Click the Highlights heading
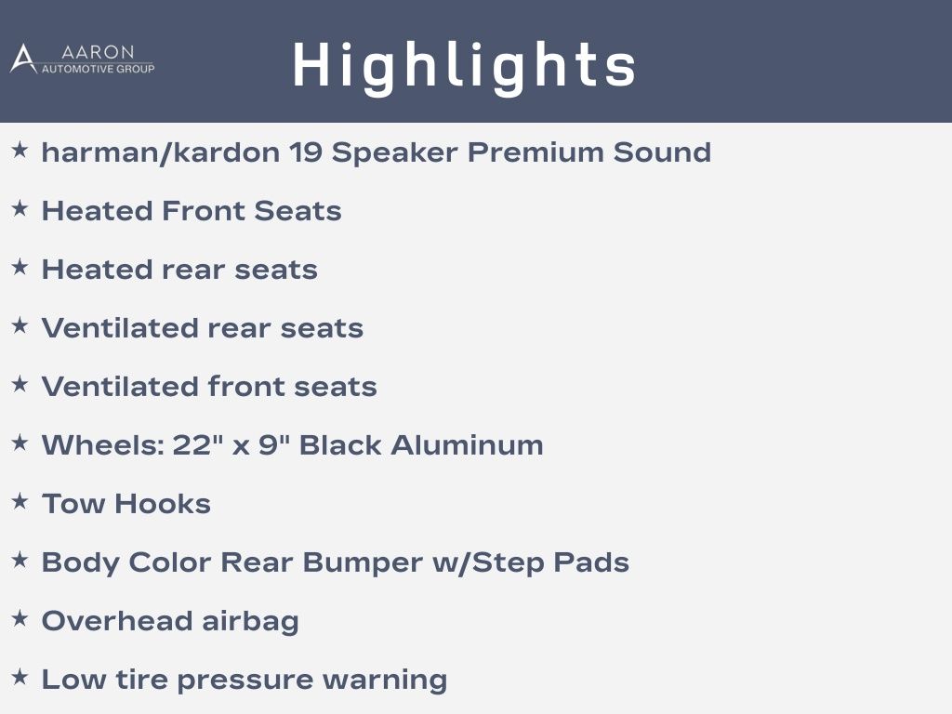465,67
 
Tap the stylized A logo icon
23,59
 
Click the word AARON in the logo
98,52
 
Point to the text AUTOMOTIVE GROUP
98,69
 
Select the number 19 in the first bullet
305,152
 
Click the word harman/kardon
160,152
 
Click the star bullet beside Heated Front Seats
20,208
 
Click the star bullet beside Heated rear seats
20,267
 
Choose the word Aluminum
467,445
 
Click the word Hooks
163,504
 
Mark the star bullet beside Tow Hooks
20,501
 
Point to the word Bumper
363,562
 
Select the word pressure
245,681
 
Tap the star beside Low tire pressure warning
20,677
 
